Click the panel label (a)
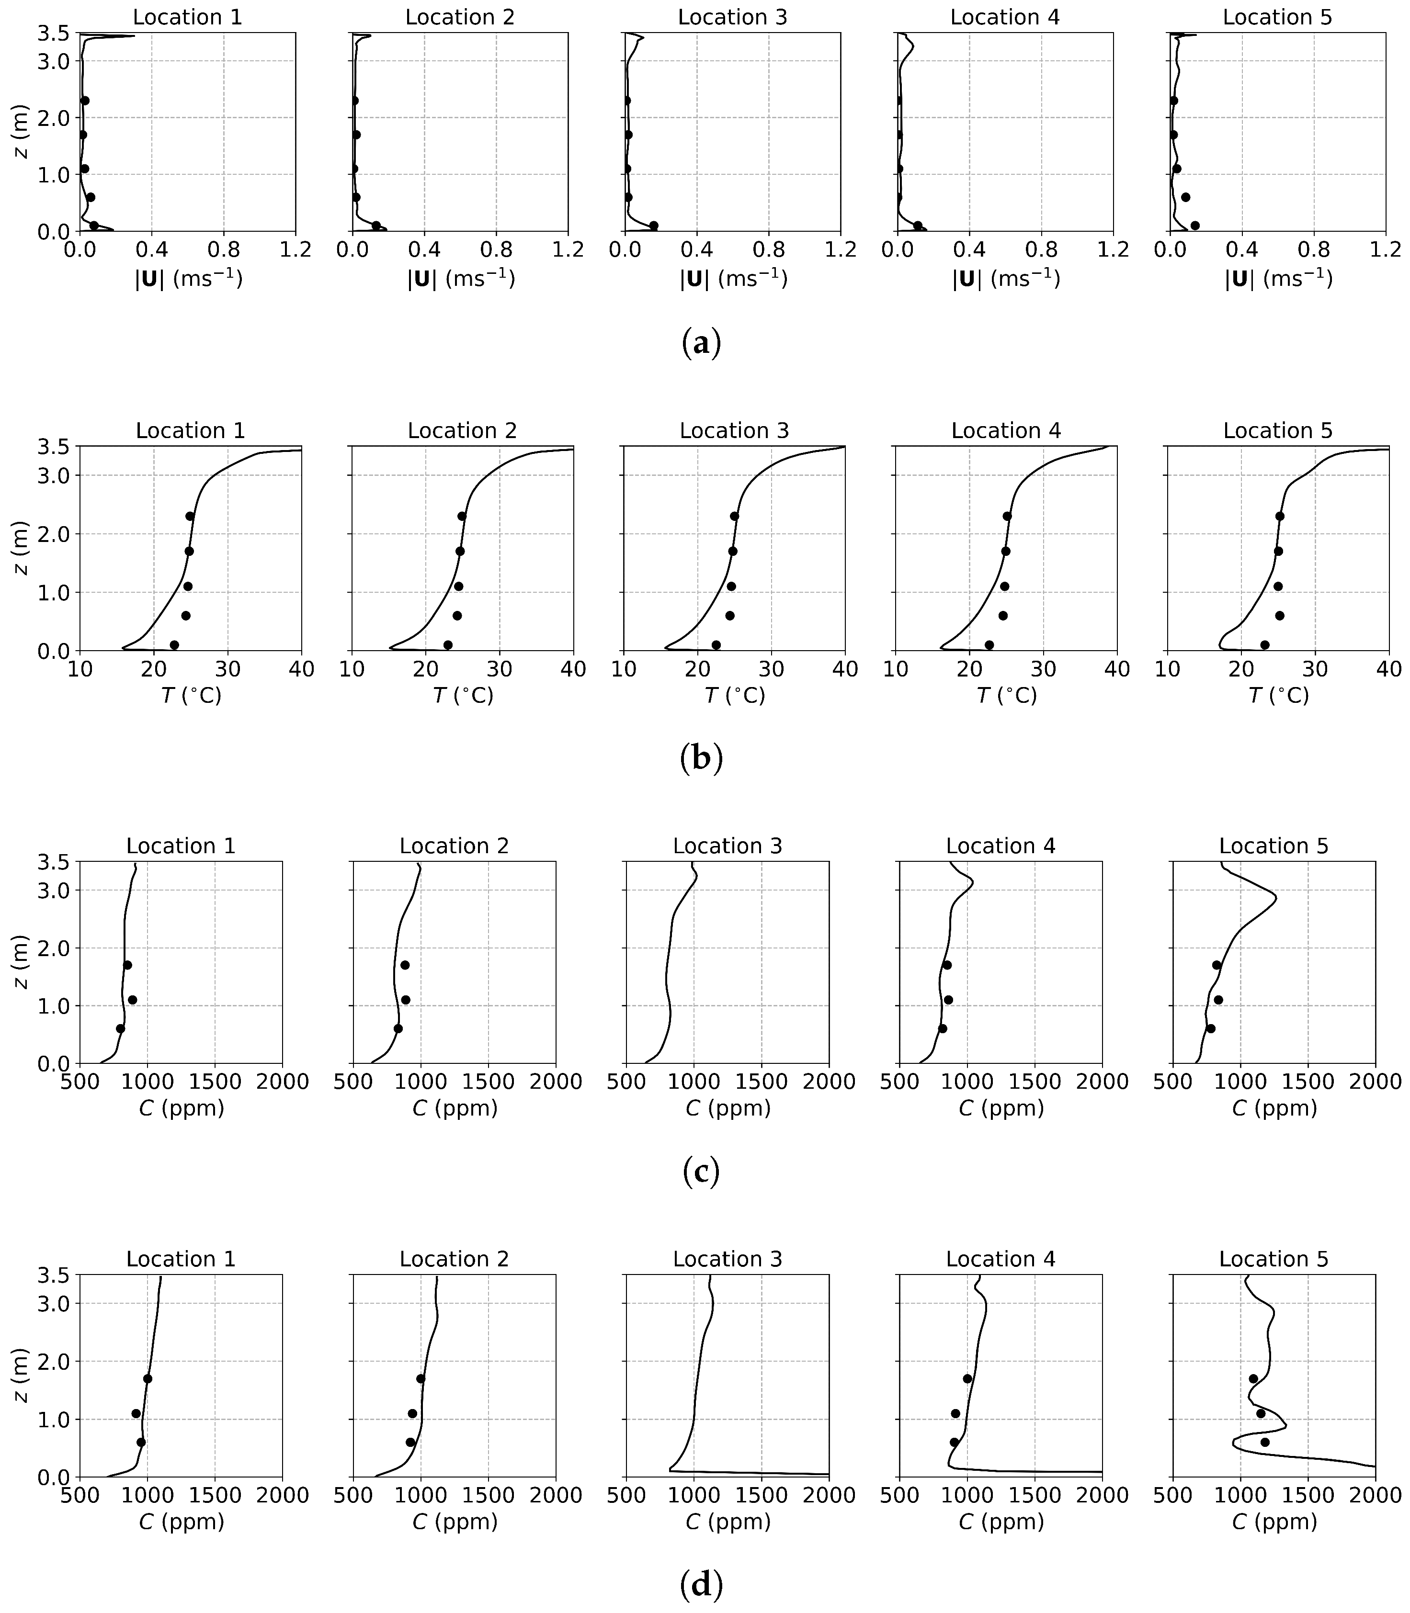click(700, 344)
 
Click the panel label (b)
click(700, 757)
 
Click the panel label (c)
click(700, 1172)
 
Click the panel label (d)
click(700, 1586)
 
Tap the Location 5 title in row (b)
click(1277, 431)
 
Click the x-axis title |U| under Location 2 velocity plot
click(460, 279)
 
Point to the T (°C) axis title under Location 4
click(1006, 695)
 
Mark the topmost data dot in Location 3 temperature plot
click(734, 516)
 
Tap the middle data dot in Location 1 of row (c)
click(132, 1000)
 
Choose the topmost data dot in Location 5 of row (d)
click(1252, 1378)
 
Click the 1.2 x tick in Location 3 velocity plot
click(841, 250)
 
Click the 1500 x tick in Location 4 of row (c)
click(1034, 1082)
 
